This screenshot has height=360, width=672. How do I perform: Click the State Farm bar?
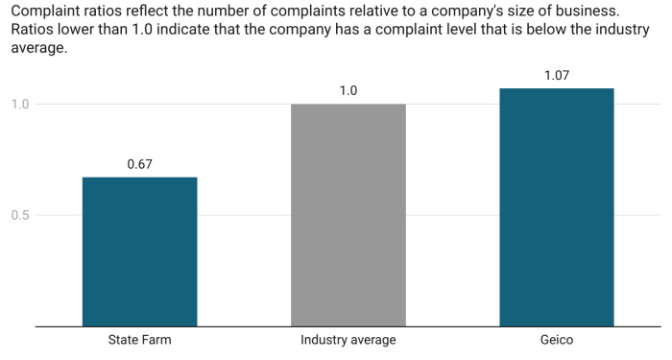139,252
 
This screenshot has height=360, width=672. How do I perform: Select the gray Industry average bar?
348,215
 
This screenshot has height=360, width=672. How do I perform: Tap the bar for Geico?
557,207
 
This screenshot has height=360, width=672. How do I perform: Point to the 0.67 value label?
139,164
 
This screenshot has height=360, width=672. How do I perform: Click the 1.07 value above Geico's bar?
557,75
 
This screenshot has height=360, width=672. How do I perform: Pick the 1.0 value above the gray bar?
348,91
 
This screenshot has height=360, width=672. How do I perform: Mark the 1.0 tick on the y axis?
20,104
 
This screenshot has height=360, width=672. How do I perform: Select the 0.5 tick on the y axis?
20,215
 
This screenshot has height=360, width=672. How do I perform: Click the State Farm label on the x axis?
139,340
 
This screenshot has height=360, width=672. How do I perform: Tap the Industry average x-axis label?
348,340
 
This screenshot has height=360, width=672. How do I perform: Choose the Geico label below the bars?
557,340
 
